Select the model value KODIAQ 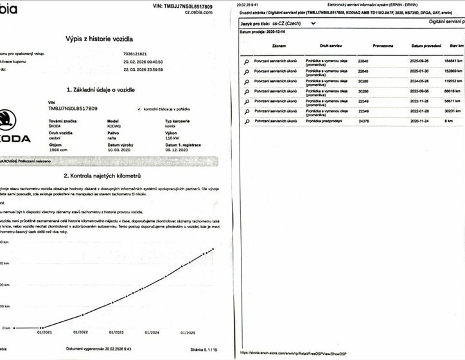click(x=114, y=126)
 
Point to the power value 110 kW click(x=175, y=138)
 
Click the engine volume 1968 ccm click(x=59, y=149)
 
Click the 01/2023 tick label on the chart click(x=117, y=332)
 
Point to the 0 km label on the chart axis click(x=6, y=327)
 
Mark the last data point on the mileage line click(x=213, y=249)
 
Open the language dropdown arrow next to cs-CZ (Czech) click(x=313, y=23)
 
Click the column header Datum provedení click(x=426, y=46)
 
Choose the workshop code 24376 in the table click(x=365, y=120)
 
